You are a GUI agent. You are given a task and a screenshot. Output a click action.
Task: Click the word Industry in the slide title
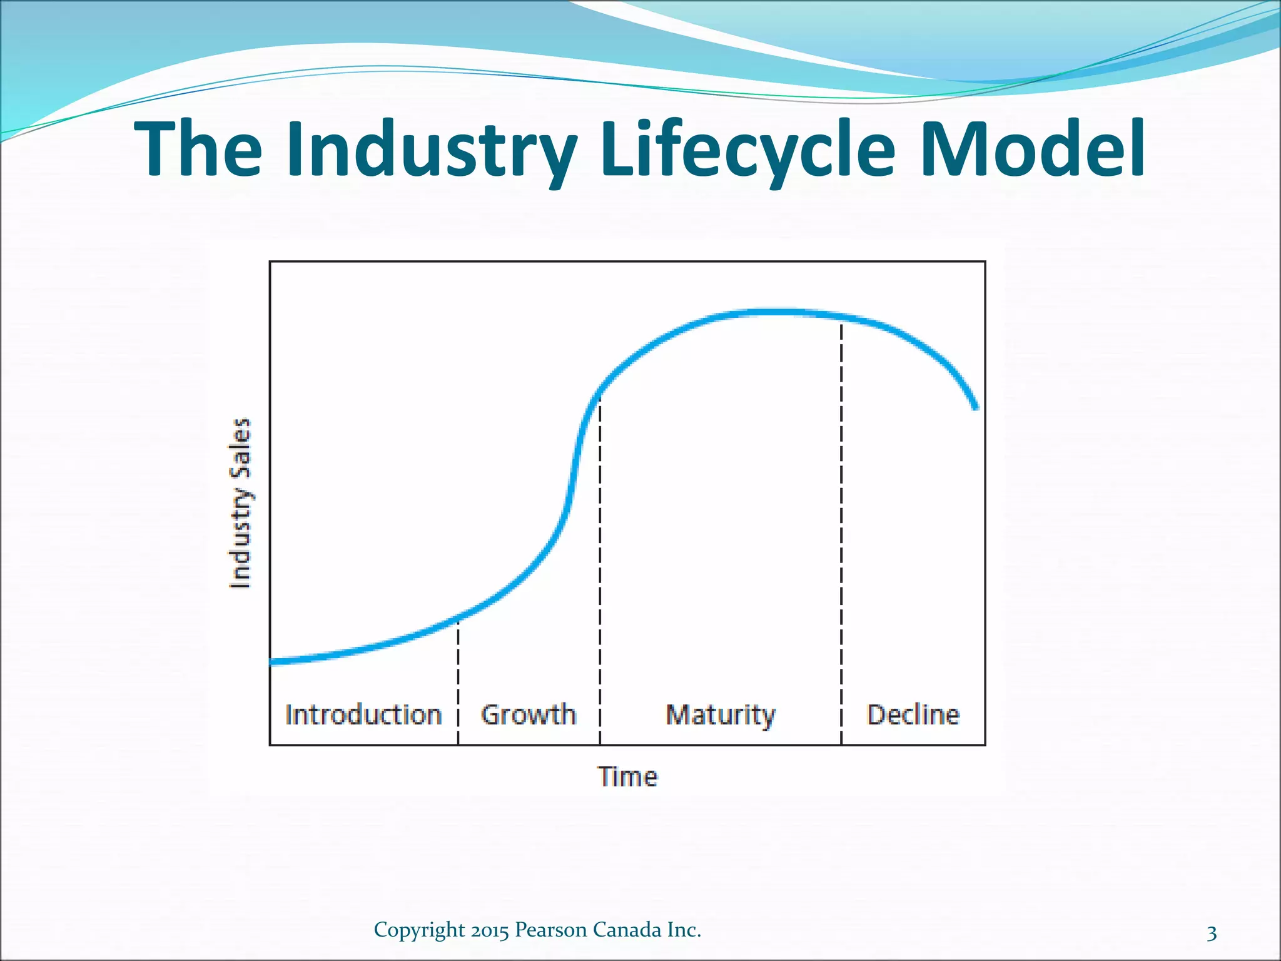(432, 150)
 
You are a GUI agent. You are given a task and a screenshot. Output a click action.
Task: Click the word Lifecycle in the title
(748, 150)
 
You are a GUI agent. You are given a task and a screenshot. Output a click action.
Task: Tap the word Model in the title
(1033, 150)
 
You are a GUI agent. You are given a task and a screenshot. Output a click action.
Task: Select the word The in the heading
(198, 150)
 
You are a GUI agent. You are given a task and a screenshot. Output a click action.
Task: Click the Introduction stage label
(363, 714)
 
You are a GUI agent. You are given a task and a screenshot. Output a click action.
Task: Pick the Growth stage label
(529, 714)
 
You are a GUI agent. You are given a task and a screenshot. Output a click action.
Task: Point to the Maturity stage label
(720, 714)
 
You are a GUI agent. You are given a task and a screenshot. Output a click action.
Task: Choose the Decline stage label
(913, 714)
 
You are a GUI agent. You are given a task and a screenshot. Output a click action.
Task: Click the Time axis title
(627, 776)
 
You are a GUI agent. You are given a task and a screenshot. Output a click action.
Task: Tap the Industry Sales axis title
(241, 503)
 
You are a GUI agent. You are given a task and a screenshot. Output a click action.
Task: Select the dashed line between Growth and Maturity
(600, 563)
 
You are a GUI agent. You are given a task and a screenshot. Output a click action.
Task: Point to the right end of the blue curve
(975, 407)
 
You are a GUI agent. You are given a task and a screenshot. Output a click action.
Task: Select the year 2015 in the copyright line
(490, 930)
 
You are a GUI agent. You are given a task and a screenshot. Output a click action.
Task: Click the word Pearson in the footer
(551, 930)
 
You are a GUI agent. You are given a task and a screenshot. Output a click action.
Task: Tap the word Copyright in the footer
(420, 930)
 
